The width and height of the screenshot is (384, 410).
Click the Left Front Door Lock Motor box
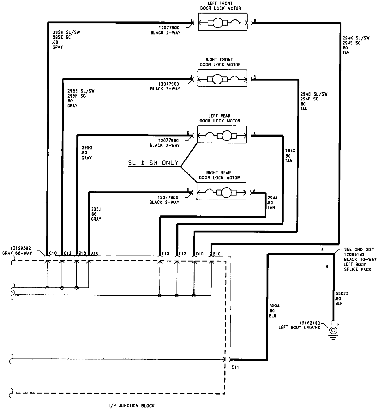point(222,22)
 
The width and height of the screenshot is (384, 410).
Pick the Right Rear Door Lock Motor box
point(221,191)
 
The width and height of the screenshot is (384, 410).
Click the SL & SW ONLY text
point(153,163)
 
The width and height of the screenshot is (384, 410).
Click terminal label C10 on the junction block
point(52,253)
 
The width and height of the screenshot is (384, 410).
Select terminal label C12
point(68,253)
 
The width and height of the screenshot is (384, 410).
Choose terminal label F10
point(166,253)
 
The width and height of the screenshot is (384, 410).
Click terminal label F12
point(183,253)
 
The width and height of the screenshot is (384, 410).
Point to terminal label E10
point(217,253)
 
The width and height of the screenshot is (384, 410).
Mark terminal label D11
point(235,367)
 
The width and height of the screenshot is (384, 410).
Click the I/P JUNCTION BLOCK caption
point(130,405)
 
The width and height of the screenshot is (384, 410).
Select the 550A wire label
point(273,311)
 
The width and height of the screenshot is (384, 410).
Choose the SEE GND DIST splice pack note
point(357,259)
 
